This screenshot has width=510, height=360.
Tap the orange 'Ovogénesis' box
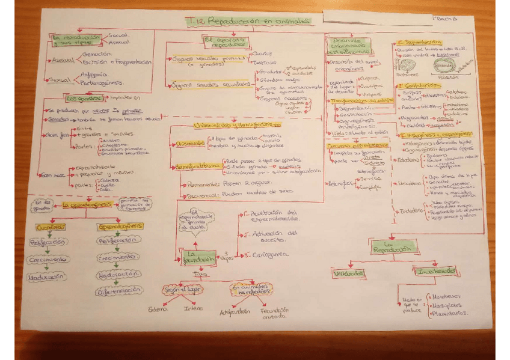coord(48,227)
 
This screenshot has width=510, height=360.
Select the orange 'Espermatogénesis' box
coord(120,227)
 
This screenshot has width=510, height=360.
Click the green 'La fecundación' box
coord(198,257)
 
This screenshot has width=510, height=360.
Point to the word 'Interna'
coord(194,310)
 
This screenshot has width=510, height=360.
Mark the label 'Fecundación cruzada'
coord(275,314)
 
